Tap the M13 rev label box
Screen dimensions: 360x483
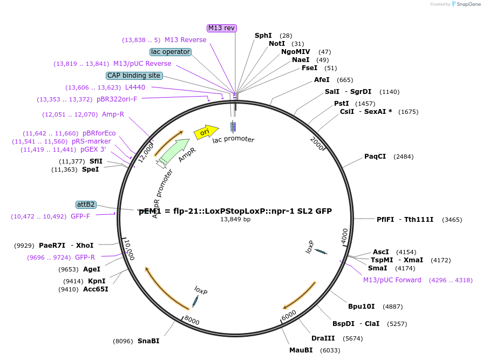click(222, 28)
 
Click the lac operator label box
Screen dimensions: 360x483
click(171, 52)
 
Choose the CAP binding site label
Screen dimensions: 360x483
click(133, 76)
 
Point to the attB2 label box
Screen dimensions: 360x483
click(86, 205)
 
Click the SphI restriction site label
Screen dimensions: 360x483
click(263, 36)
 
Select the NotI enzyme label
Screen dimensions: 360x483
click(277, 44)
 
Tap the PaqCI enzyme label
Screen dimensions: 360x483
click(375, 157)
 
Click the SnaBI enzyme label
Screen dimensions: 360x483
click(148, 341)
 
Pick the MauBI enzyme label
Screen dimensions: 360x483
click(301, 350)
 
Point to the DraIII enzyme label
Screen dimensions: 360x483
click(323, 338)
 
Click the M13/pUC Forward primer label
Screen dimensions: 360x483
click(392, 280)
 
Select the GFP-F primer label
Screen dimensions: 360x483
click(80, 216)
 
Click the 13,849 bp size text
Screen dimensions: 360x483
click(235, 220)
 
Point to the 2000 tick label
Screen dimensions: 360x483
click(317, 142)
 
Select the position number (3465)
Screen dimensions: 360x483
click(452, 220)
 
